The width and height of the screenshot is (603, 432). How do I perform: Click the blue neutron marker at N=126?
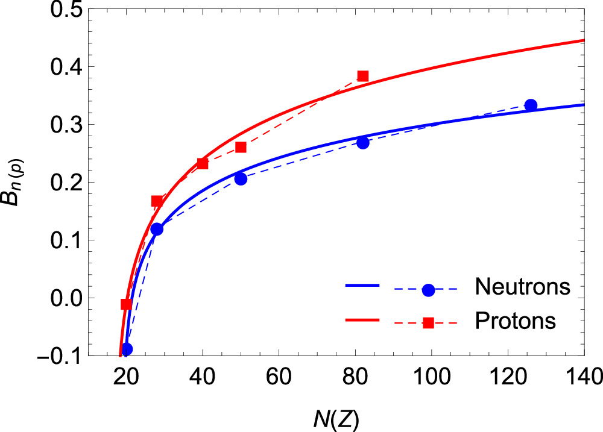[x=531, y=105]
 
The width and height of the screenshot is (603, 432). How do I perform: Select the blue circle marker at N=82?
[x=362, y=143]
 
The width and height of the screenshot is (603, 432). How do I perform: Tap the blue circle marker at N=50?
[x=241, y=179]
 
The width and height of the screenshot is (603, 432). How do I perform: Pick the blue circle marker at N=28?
[x=157, y=229]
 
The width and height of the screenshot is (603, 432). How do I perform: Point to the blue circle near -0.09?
[x=127, y=349]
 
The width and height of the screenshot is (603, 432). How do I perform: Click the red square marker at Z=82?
[x=362, y=76]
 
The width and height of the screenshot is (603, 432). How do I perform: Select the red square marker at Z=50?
[x=241, y=147]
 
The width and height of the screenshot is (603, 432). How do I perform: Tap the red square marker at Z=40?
[x=202, y=164]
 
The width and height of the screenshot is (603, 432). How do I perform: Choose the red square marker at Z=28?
[x=157, y=201]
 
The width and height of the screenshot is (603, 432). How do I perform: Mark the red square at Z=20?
[x=127, y=304]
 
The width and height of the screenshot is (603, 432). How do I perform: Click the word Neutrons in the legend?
[x=523, y=286]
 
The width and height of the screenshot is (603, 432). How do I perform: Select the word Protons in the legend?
[x=516, y=320]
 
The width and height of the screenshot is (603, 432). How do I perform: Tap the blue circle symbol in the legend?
[x=428, y=290]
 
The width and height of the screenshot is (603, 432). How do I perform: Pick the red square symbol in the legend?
[x=428, y=323]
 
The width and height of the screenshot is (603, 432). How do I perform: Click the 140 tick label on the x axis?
[x=583, y=377]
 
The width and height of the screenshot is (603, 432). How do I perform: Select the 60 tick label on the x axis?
[x=279, y=377]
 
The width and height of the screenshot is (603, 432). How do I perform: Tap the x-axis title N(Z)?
[x=336, y=420]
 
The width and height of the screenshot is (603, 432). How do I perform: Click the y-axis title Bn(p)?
[x=14, y=183]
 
